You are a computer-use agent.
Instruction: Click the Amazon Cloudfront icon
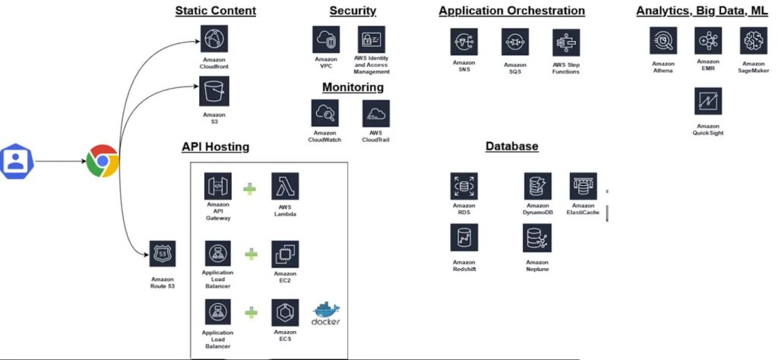point(215,39)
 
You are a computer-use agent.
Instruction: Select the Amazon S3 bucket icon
point(214,93)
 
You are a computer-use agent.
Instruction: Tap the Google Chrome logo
point(102,161)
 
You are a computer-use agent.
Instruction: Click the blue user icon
point(14,161)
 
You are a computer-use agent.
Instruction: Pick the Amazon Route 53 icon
point(163,254)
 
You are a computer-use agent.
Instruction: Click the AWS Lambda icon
point(285,187)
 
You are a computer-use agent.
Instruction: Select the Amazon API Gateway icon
point(218,187)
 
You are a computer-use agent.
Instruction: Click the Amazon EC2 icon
point(285,254)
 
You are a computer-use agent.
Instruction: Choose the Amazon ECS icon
point(285,313)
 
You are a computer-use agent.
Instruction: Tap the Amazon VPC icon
point(325,39)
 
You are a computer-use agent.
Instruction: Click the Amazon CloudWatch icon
point(326,114)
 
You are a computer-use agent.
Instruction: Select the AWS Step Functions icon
point(566,43)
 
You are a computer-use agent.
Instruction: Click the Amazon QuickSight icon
point(708,101)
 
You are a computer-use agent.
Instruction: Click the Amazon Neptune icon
point(536,238)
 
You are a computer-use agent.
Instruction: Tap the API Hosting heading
point(215,147)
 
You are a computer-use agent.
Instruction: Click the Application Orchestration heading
point(511,11)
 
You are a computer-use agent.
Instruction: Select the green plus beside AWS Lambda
point(251,188)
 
